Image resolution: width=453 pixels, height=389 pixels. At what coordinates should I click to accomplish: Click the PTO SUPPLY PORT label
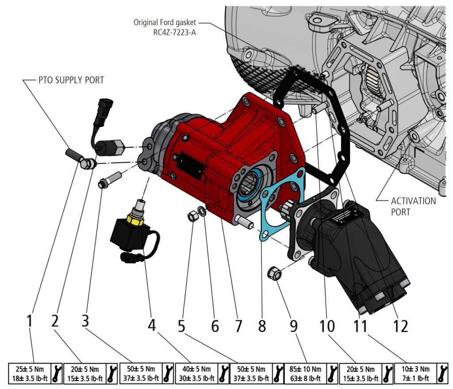(71, 80)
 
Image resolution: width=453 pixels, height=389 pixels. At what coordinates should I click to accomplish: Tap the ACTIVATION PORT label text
(413, 206)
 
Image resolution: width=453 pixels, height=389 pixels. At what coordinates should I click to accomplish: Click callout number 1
(30, 321)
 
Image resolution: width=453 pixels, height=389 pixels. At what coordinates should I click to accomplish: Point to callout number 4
(152, 326)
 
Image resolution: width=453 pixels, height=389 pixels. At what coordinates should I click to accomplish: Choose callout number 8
(262, 326)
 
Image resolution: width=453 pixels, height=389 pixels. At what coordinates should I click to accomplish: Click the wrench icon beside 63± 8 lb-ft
(332, 373)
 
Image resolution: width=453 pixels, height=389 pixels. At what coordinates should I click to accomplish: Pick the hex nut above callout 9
(274, 274)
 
